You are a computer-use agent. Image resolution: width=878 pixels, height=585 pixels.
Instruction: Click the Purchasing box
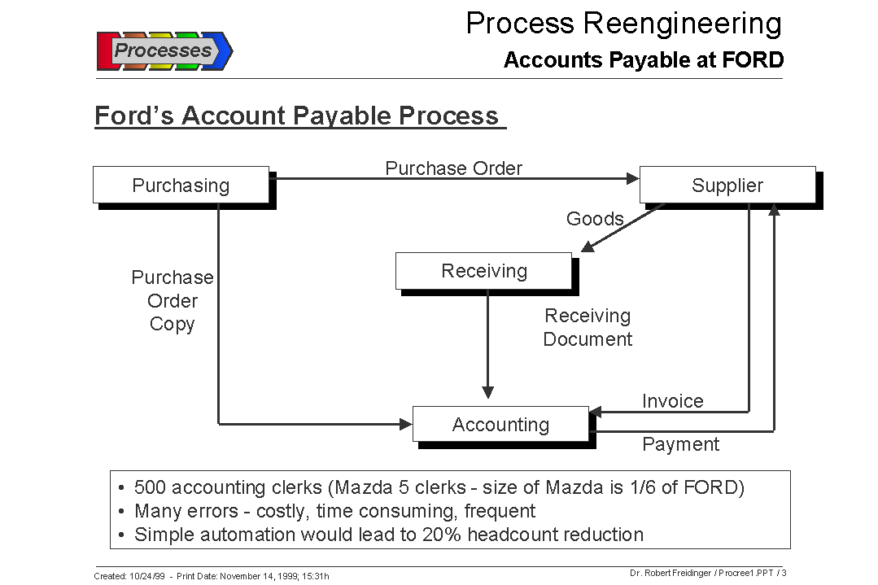tap(181, 186)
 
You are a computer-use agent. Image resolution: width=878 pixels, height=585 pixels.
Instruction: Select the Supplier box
tap(727, 186)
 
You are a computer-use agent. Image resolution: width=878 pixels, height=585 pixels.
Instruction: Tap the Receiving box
tap(484, 271)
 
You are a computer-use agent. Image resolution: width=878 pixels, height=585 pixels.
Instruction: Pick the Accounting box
tap(500, 425)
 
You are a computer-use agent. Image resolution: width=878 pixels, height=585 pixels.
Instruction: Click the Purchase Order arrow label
tap(453, 168)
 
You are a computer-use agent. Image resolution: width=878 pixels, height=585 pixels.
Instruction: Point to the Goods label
tap(595, 219)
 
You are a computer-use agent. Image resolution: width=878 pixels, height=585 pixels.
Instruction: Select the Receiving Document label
tap(588, 327)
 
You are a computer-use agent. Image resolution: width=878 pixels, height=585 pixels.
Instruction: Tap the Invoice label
tap(672, 401)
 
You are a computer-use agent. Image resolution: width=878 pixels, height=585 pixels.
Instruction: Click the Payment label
tap(681, 444)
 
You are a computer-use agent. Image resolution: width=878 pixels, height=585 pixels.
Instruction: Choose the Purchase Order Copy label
tap(173, 300)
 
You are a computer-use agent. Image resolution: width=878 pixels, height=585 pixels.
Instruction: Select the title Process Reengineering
tap(623, 23)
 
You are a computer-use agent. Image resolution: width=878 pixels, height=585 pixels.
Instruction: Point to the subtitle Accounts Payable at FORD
tap(643, 60)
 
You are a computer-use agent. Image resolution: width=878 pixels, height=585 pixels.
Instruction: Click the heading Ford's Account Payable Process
tap(297, 116)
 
